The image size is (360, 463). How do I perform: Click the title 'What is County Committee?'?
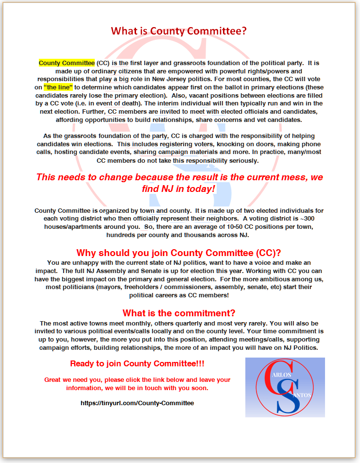(179, 31)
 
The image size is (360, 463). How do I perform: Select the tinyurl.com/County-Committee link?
(137, 403)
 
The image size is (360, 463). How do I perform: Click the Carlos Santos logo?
(285, 387)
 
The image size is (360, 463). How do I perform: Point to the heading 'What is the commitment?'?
(179, 313)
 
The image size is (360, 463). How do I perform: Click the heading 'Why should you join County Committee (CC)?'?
(179, 253)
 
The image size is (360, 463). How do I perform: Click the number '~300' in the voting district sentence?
(313, 219)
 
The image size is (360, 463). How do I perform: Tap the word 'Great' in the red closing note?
(52, 379)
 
